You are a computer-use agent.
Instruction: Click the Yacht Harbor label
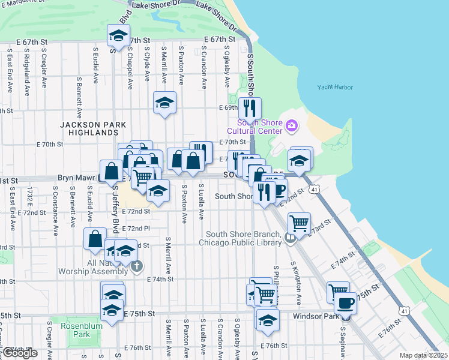335,88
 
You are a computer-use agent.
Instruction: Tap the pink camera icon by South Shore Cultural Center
292,125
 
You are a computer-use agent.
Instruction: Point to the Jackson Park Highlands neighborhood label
93,128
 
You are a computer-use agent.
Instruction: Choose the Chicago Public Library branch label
244,238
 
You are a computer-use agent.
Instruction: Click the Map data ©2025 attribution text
423,355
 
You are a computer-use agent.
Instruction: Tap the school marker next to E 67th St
118,35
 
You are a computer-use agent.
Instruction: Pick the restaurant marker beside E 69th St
250,108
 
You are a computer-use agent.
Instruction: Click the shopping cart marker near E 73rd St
299,223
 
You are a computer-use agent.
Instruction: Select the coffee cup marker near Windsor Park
345,303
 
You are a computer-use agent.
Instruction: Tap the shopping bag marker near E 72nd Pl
95,238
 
